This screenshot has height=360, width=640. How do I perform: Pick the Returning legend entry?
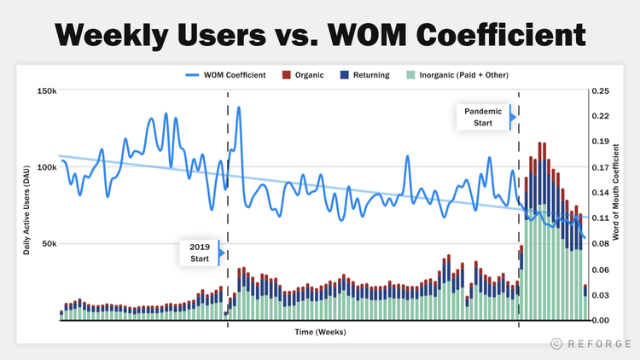pyautogui.click(x=365, y=75)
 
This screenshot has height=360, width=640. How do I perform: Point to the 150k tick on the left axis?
pyautogui.click(x=46, y=90)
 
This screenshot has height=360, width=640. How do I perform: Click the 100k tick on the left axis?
pyautogui.click(x=46, y=167)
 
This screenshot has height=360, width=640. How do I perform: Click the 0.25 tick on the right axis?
pyautogui.click(x=601, y=90)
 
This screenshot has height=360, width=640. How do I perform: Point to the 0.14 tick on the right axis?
pyautogui.click(x=601, y=193)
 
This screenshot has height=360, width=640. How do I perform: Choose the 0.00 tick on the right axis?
pyautogui.click(x=601, y=321)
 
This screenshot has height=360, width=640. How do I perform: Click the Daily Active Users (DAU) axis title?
pyautogui.click(x=26, y=206)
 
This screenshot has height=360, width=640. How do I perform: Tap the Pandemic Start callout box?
pyautogui.click(x=483, y=117)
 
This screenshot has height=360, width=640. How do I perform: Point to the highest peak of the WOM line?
pyautogui.click(x=238, y=107)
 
